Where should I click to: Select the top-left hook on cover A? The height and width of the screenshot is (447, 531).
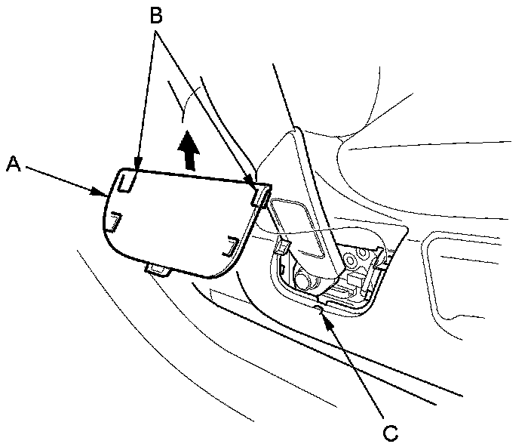127,180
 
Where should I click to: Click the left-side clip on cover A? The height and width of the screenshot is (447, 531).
113,221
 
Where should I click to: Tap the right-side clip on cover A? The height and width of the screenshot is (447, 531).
229,245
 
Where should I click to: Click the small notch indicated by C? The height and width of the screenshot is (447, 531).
320,305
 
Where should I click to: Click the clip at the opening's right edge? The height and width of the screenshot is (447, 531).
382,264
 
